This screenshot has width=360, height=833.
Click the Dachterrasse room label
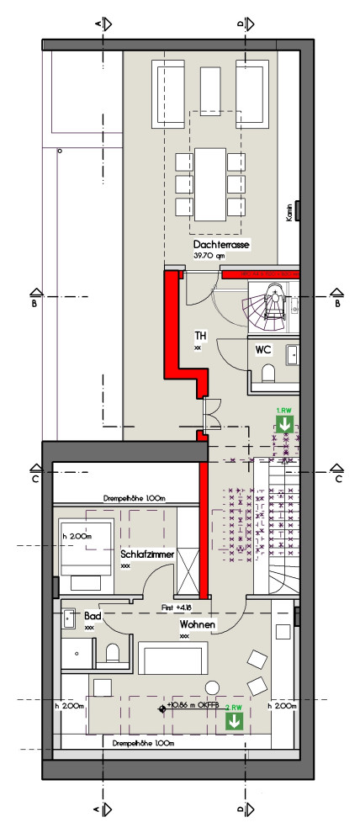point(221,244)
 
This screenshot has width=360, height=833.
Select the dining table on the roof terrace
point(210,182)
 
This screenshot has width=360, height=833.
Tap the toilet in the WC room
point(268,373)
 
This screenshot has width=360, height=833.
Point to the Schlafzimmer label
point(147,555)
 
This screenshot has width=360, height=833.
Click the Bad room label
point(91,617)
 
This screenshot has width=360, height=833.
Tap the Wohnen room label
point(195,625)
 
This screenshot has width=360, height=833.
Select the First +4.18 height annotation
point(176,606)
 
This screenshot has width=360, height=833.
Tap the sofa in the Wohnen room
point(171,658)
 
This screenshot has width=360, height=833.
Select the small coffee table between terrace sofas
point(209,85)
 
